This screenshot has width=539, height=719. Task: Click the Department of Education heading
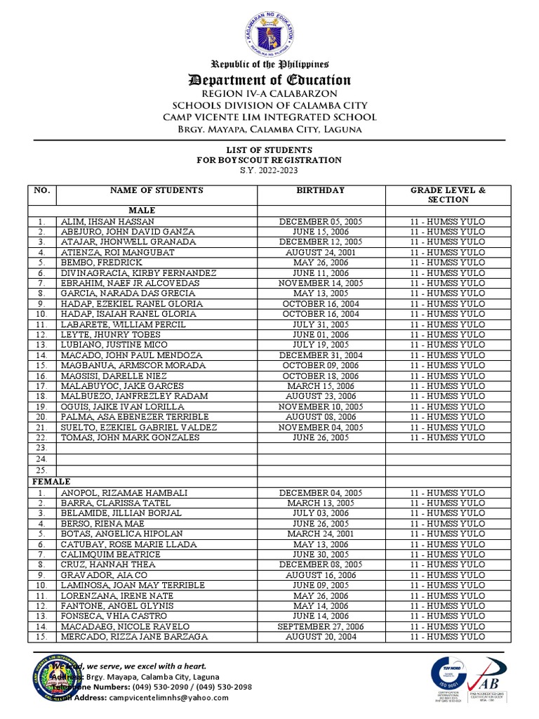[x=269, y=79]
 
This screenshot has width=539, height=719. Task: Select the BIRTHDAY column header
[x=321, y=190]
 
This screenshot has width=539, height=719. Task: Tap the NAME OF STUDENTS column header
[x=157, y=190]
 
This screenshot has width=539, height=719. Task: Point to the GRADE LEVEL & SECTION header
[x=448, y=194]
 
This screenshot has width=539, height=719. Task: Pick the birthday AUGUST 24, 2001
[x=321, y=252]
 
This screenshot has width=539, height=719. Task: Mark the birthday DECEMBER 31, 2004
[x=321, y=355]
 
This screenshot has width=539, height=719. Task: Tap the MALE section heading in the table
[x=142, y=211]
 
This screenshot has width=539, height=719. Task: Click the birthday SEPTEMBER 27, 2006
[x=321, y=626]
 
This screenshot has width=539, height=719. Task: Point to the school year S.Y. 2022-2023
[x=269, y=170]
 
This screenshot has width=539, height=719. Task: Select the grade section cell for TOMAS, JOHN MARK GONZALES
[x=448, y=438]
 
